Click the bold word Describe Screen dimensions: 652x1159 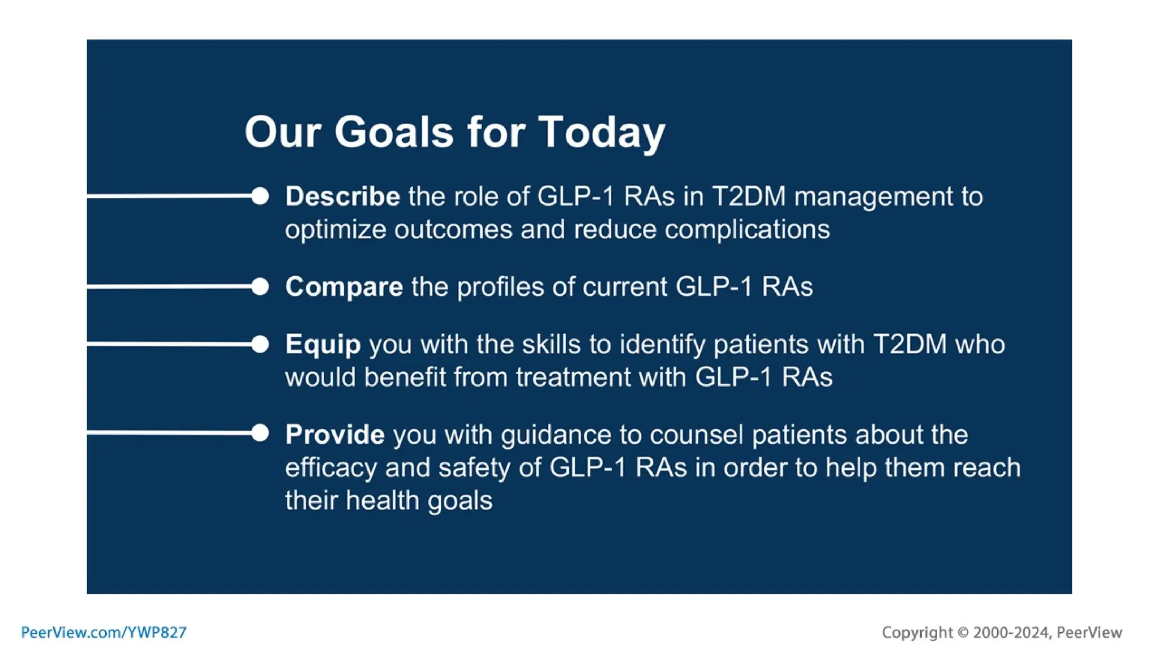tap(342, 196)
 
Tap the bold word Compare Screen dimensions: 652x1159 tap(344, 286)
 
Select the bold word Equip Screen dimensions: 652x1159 tap(323, 344)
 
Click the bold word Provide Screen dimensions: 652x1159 tap(334, 434)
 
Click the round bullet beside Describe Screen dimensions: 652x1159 tap(260, 196)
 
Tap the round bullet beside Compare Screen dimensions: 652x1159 tap(260, 286)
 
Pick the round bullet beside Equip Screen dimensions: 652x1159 tap(260, 344)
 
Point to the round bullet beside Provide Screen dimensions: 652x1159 tap(260, 434)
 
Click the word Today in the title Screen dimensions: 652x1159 tap(601, 132)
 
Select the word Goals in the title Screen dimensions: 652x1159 tap(394, 132)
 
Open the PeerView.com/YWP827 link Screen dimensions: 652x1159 tap(104, 632)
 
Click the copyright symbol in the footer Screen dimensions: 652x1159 tap(963, 632)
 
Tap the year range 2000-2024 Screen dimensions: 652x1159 tap(1011, 632)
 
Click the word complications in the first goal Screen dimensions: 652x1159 tap(747, 230)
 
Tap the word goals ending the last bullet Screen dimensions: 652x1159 tap(460, 500)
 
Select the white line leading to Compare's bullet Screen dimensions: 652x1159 tap(170, 286)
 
